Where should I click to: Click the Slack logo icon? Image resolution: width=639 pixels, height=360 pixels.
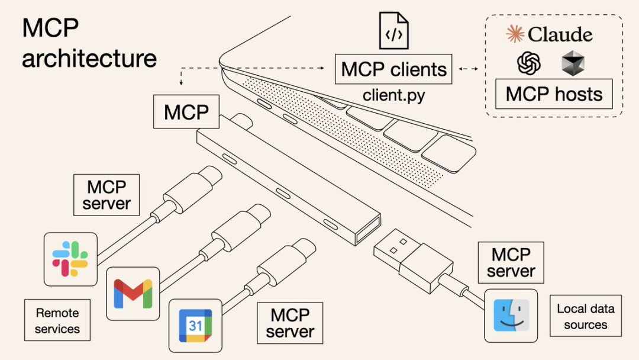70,259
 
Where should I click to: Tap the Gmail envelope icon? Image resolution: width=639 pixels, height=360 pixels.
133,293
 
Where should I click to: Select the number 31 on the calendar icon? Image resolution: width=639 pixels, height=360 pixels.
195,326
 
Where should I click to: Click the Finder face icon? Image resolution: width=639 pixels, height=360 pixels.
511,316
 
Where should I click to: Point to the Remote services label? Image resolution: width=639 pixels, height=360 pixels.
57,320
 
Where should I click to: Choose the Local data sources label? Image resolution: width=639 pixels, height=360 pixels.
585,316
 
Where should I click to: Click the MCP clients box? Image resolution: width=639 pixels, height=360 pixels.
393,69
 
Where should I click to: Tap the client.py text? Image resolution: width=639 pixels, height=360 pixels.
393,95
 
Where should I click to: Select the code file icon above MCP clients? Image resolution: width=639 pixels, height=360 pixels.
393,31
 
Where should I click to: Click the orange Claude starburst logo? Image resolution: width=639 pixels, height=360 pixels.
515,34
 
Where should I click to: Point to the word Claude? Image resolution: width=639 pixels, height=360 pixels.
560,34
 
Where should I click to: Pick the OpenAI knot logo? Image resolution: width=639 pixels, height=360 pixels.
529,63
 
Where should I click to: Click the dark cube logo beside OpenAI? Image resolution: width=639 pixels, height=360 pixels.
573,63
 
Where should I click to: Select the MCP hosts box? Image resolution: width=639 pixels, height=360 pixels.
554,94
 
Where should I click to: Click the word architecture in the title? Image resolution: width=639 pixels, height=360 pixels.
89,58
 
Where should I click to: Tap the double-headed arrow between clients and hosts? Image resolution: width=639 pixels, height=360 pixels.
469,69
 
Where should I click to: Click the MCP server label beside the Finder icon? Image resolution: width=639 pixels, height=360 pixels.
511,262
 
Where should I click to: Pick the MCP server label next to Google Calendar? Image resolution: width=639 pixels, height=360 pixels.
290,323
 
